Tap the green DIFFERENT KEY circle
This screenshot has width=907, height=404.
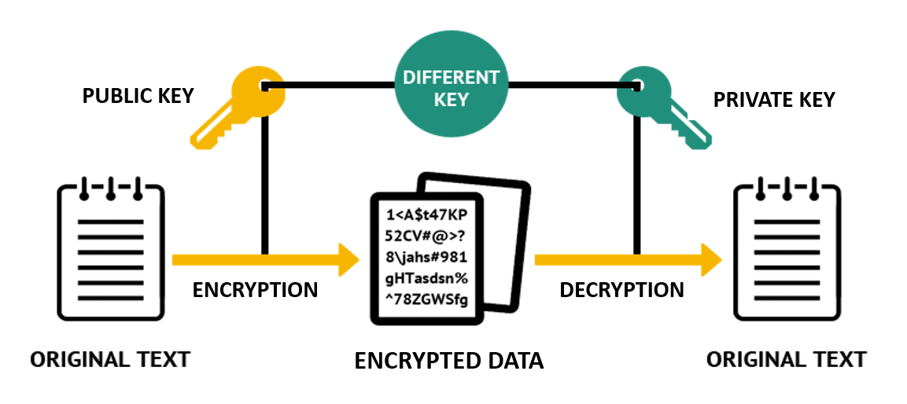click(x=451, y=88)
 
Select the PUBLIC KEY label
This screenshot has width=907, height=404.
click(x=138, y=97)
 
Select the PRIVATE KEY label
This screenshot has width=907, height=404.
click(x=774, y=100)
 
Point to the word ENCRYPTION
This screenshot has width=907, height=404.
click(x=255, y=290)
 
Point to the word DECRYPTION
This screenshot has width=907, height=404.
click(x=621, y=290)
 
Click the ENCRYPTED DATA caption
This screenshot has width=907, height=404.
click(x=448, y=361)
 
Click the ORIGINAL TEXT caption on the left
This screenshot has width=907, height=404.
click(x=110, y=360)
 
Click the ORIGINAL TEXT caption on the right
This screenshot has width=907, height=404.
click(x=786, y=360)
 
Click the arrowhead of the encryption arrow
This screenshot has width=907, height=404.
click(x=348, y=259)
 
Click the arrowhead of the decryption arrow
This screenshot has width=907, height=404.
click(x=712, y=259)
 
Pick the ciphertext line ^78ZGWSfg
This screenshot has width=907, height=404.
click(x=426, y=297)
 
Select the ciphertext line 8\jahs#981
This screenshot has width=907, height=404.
click(x=426, y=256)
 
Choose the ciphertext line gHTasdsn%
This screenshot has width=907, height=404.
click(x=426, y=277)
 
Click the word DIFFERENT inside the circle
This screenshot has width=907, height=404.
click(x=451, y=78)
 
